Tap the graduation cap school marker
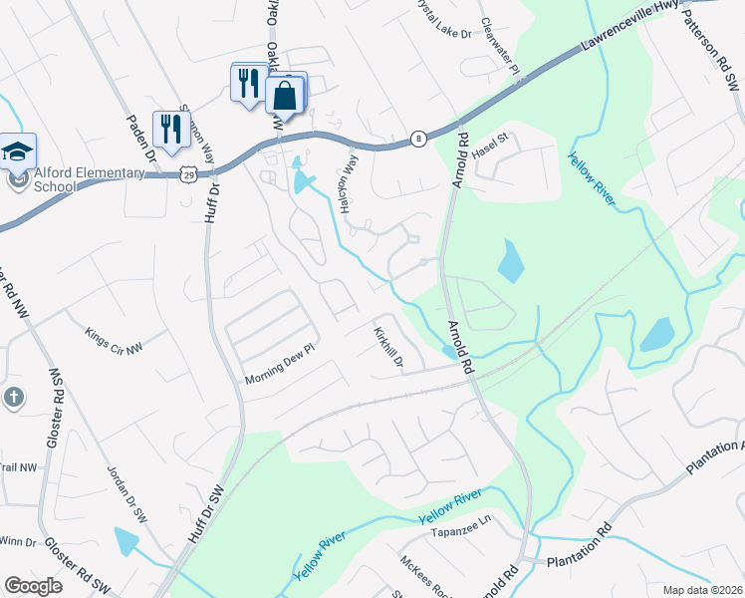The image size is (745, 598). (x=17, y=151)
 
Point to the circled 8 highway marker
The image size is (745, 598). (x=417, y=139)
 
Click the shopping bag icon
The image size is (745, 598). (x=285, y=97)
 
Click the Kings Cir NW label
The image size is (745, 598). (x=114, y=340)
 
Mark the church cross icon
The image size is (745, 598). (x=14, y=398)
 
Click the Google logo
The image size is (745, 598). (x=34, y=586)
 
